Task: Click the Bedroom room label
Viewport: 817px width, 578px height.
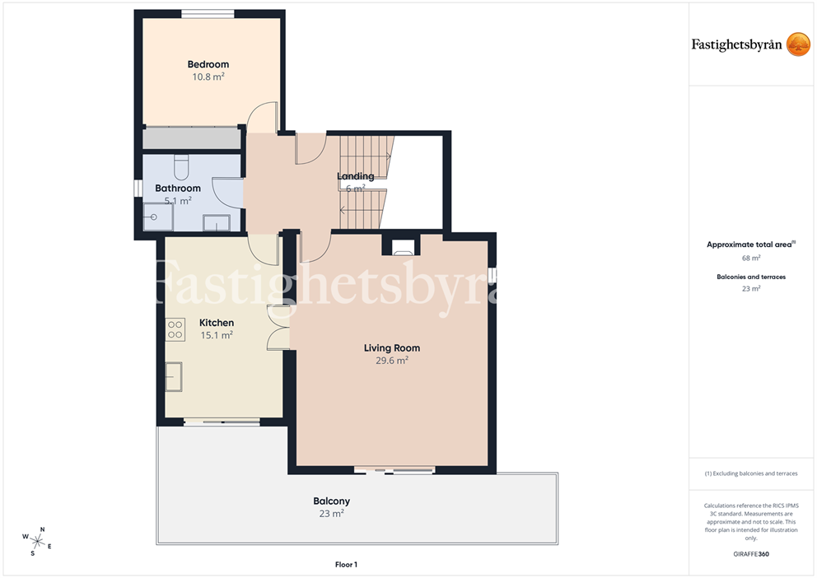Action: pyautogui.click(x=208, y=64)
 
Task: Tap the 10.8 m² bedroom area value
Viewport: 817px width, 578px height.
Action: pyautogui.click(x=208, y=77)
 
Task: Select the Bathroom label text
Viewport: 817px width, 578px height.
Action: pyautogui.click(x=178, y=189)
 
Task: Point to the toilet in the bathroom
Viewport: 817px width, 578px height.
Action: pyautogui.click(x=181, y=166)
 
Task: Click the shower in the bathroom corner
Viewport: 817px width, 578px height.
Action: pyautogui.click(x=158, y=217)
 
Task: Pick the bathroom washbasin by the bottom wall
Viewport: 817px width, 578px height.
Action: pyautogui.click(x=217, y=222)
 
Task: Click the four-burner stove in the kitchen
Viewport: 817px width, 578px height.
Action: pyautogui.click(x=175, y=330)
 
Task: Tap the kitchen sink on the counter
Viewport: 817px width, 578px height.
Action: pyautogui.click(x=174, y=377)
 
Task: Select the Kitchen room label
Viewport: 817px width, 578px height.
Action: pyautogui.click(x=217, y=323)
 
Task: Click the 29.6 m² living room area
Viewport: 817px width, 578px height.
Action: pyautogui.click(x=392, y=361)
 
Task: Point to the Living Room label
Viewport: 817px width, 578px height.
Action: pyautogui.click(x=392, y=347)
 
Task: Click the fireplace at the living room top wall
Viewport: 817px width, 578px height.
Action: pyautogui.click(x=401, y=246)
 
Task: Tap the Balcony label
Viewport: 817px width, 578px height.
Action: pyautogui.click(x=331, y=501)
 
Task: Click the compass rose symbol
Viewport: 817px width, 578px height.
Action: pyautogui.click(x=37, y=541)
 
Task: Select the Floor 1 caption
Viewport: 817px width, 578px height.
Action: pyautogui.click(x=346, y=565)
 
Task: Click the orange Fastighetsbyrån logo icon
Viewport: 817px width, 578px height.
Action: pyautogui.click(x=798, y=44)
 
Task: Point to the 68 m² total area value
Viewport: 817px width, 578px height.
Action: pyautogui.click(x=751, y=258)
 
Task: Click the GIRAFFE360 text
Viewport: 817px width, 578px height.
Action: pyautogui.click(x=751, y=554)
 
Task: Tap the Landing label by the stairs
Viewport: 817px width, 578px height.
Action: pyautogui.click(x=355, y=176)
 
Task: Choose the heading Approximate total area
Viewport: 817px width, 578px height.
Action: pyautogui.click(x=749, y=245)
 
